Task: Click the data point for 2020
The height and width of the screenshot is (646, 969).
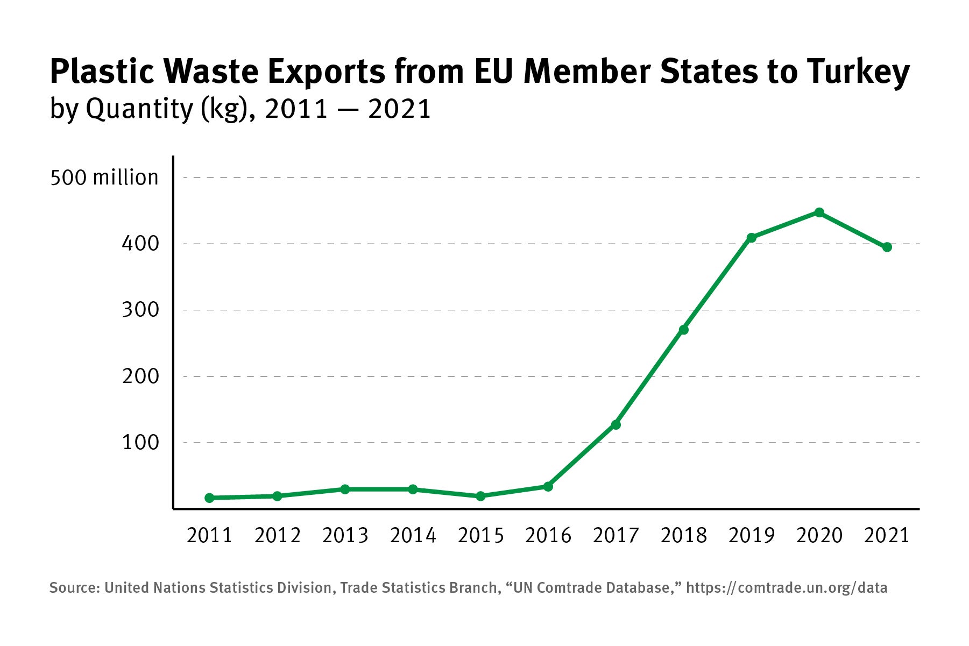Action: coord(819,212)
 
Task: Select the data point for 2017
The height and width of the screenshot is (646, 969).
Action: coord(616,425)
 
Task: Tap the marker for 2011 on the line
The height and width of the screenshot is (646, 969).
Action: coord(209,498)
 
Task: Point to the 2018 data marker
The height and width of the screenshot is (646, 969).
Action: coord(684,330)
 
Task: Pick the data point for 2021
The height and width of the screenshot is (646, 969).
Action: coord(887,247)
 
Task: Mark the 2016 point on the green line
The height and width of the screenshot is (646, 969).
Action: coord(548,487)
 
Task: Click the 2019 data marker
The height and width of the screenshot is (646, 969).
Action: coord(752,238)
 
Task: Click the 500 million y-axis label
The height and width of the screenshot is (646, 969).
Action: coord(104,178)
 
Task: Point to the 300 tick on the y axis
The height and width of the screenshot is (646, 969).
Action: coord(140,310)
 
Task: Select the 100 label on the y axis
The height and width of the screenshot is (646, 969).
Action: coord(140,443)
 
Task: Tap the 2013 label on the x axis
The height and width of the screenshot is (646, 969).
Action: coord(345,536)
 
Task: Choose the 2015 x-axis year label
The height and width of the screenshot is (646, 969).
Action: coord(480,536)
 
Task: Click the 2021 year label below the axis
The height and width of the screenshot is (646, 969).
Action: coord(887,536)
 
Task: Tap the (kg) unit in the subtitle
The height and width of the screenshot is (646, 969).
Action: coord(227,109)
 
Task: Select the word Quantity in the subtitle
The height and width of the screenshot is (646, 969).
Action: coord(139,109)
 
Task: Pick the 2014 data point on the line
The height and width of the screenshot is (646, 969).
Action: coord(413,489)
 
